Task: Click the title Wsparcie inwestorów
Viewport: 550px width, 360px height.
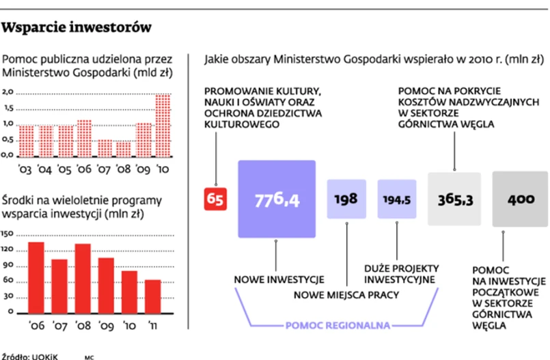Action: point(77,28)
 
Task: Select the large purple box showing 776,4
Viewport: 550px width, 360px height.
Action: point(277,199)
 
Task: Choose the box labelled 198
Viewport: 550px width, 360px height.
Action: point(347,199)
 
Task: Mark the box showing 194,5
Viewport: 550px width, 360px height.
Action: point(397,199)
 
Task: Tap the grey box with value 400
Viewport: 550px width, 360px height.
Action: point(521,199)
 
